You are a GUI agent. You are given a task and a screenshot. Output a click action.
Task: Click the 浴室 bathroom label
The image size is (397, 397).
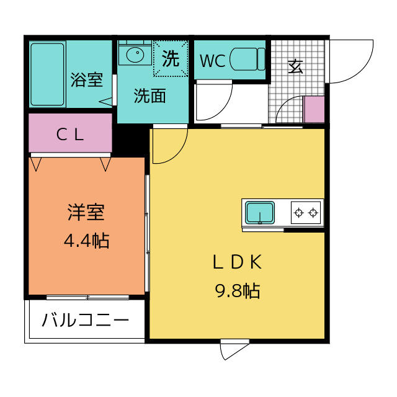(x=86, y=79)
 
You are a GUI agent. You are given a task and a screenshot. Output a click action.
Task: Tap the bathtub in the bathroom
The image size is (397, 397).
(x=47, y=74)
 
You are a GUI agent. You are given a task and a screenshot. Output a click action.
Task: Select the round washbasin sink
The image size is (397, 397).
(x=135, y=55)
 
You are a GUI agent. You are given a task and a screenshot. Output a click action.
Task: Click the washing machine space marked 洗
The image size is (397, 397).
(x=170, y=59)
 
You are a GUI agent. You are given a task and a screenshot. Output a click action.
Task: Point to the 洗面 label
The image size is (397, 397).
(x=150, y=96)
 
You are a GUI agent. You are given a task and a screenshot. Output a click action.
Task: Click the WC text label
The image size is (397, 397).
(x=212, y=61)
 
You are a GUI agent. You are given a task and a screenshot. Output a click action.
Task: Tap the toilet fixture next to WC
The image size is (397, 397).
(x=247, y=60)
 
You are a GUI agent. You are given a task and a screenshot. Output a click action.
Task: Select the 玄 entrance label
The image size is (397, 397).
(x=296, y=66)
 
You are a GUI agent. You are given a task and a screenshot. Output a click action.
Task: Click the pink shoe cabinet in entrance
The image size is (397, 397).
(x=314, y=110)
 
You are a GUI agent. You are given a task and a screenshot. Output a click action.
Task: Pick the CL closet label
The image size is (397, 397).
(x=69, y=134)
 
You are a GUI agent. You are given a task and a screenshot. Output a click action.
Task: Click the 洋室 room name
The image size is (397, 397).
(x=86, y=212)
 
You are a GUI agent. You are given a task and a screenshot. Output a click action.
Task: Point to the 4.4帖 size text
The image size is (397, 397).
(x=86, y=240)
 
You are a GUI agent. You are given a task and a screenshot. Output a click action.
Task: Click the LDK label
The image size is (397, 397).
(x=238, y=262)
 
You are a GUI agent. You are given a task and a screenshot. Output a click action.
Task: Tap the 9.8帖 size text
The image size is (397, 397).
(x=238, y=290)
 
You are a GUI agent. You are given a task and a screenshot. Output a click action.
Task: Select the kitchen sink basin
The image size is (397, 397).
(x=261, y=212)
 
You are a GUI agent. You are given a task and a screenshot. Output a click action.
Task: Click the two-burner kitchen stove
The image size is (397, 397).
(x=306, y=213)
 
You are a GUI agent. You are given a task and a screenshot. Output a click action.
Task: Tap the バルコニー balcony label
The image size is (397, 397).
(x=86, y=321)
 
